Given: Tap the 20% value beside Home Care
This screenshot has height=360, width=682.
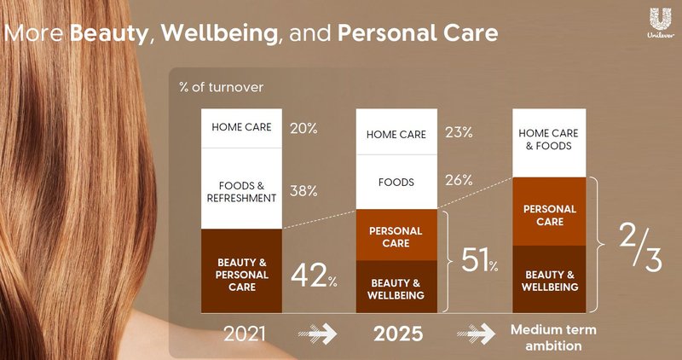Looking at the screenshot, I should [x=303, y=128].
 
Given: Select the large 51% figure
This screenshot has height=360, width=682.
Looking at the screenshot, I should [x=479, y=260].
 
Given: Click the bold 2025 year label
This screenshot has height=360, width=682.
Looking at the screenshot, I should [x=399, y=334].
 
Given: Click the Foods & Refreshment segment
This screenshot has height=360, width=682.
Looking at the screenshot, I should [x=241, y=189].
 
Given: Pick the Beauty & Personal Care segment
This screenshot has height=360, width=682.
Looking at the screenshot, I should [x=241, y=275].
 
